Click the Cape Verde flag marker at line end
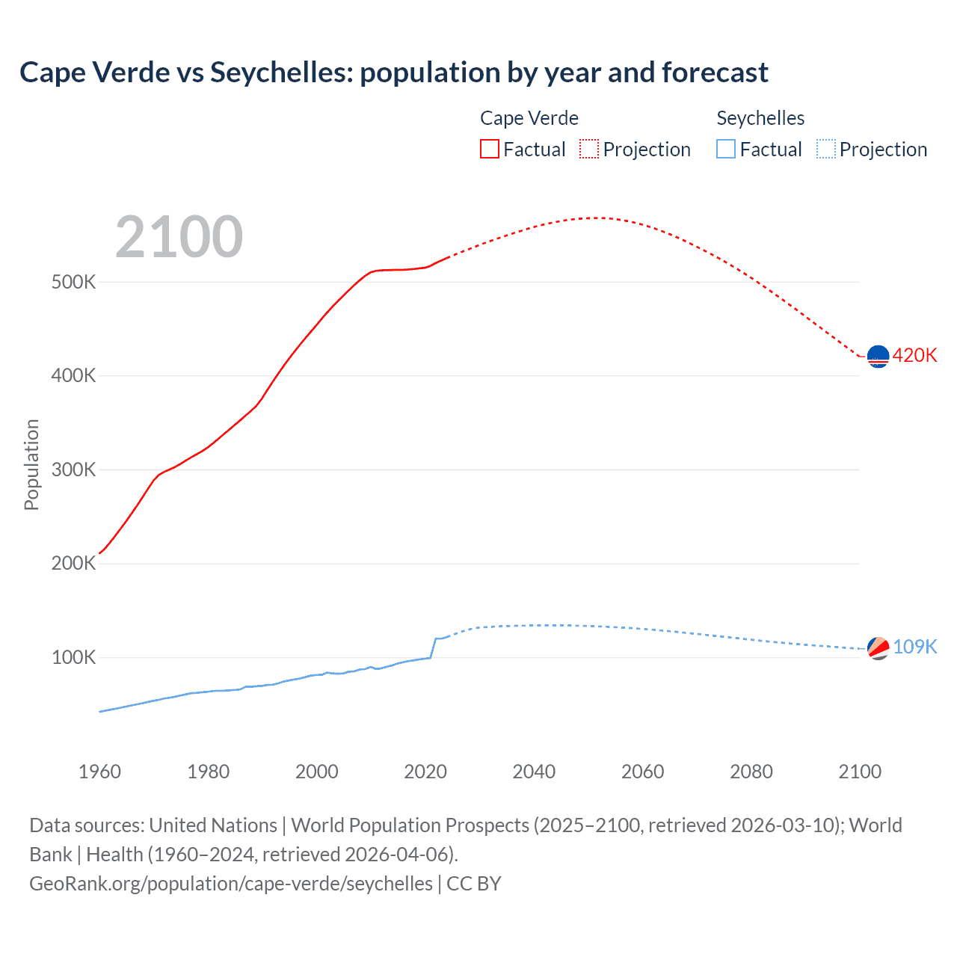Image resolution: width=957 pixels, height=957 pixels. coord(878,357)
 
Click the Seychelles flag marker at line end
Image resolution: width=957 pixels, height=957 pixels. coord(878,647)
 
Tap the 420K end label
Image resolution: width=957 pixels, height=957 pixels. coord(914,355)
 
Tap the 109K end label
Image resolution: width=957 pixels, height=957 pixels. coord(914,647)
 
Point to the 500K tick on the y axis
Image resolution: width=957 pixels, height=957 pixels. coord(73,283)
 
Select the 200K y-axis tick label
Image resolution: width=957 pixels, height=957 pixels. coord(73,564)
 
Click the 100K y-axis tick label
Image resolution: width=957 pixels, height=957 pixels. coord(73,658)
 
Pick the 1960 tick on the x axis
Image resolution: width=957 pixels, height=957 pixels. coord(99,772)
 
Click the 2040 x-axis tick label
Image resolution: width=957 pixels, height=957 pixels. coord(534,772)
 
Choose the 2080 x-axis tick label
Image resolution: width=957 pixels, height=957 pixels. coord(751,772)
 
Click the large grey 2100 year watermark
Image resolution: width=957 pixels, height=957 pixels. coord(179,237)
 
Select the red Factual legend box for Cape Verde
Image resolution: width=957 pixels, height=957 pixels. coord(489,149)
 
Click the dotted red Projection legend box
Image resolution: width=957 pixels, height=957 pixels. coord(589,149)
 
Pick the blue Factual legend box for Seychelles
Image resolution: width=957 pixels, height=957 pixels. coord(726,149)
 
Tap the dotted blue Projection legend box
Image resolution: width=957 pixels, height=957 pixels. coord(826,149)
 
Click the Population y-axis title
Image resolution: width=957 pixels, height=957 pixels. coord(31,464)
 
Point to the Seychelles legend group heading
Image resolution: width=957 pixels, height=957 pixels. coord(760,118)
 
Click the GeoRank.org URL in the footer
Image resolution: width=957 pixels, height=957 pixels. coord(231,884)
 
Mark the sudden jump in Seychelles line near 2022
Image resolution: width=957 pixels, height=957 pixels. coord(433,648)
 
